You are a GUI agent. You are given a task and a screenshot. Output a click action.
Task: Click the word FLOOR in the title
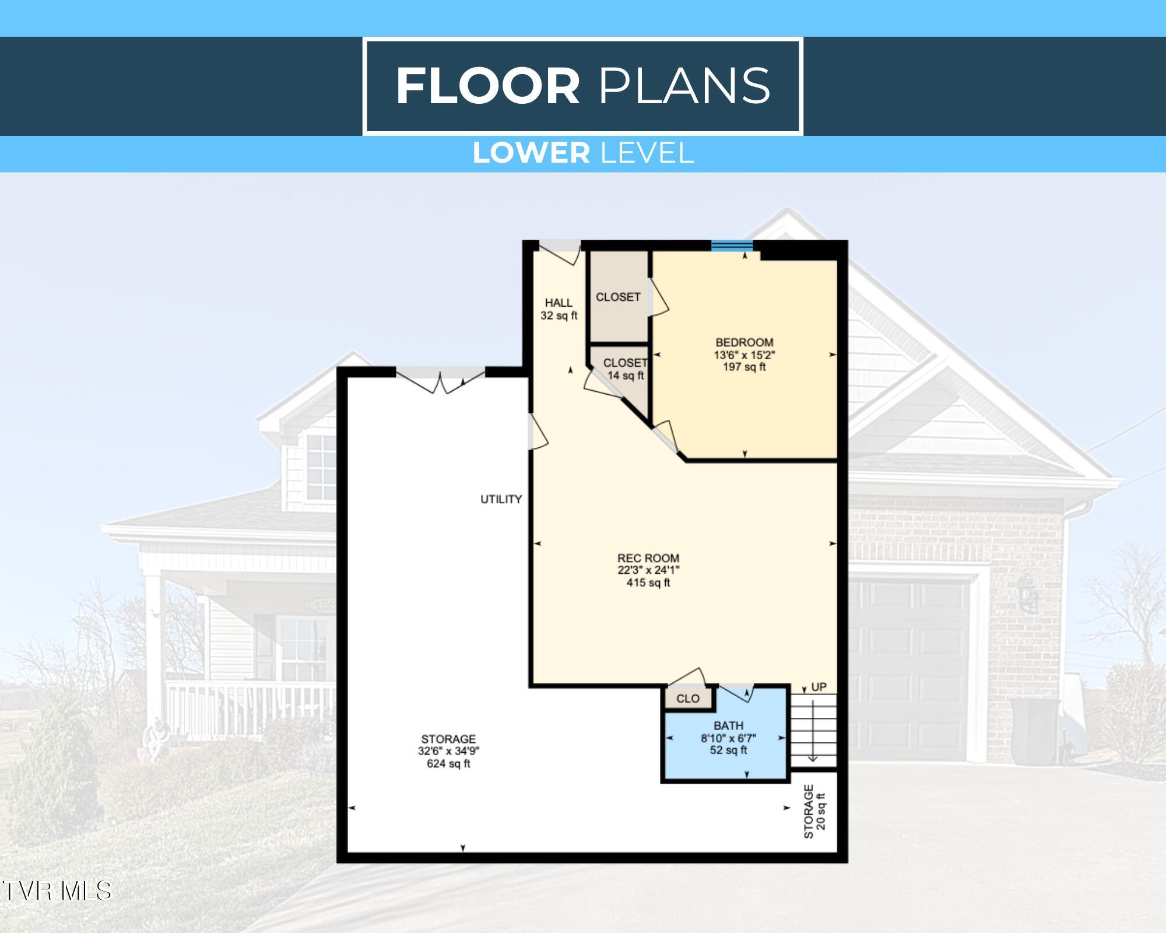pyautogui.click(x=488, y=86)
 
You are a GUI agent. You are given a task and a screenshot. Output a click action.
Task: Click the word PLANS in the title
pyautogui.click(x=684, y=86)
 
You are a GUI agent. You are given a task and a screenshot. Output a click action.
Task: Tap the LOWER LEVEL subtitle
pyautogui.click(x=583, y=153)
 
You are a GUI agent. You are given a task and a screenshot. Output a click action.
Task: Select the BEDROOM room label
pyautogui.click(x=744, y=342)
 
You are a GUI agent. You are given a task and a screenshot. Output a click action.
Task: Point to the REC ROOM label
pyautogui.click(x=648, y=558)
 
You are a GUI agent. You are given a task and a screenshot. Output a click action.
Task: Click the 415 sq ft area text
pyautogui.click(x=648, y=583)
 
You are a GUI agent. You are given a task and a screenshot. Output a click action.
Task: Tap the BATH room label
pyautogui.click(x=728, y=725)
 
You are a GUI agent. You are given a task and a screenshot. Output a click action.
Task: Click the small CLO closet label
pyautogui.click(x=688, y=699)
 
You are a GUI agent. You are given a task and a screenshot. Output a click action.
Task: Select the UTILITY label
pyautogui.click(x=501, y=499)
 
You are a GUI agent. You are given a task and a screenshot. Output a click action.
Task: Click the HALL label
pyautogui.click(x=559, y=303)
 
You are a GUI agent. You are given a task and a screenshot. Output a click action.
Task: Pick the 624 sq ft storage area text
pyautogui.click(x=448, y=764)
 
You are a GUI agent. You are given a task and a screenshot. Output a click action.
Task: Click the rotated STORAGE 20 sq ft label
pyautogui.click(x=814, y=811)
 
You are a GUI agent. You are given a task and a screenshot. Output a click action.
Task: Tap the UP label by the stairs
pyautogui.click(x=819, y=687)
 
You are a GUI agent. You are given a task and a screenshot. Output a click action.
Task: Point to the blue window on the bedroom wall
pyautogui.click(x=732, y=245)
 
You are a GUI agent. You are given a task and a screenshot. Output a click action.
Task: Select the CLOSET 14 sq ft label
pyautogui.click(x=626, y=370)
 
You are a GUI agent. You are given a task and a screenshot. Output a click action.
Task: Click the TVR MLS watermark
pyautogui.click(x=57, y=890)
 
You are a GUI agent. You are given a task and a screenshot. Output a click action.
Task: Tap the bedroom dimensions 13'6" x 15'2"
pyautogui.click(x=744, y=355)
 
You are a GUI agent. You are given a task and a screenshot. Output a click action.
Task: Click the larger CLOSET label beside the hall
pyautogui.click(x=618, y=297)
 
